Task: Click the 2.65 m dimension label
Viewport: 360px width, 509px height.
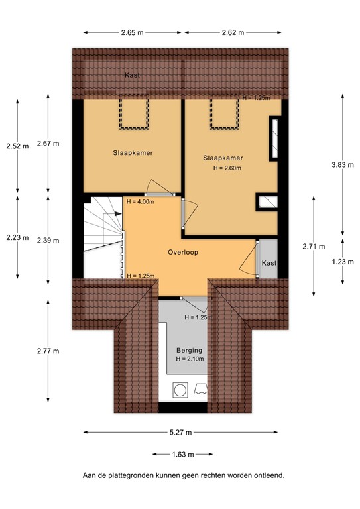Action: tap(133, 32)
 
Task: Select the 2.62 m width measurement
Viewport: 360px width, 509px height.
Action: tap(232, 32)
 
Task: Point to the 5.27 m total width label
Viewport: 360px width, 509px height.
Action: tap(180, 432)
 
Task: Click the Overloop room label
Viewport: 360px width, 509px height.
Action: tap(183, 252)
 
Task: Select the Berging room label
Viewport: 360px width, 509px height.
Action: tap(189, 350)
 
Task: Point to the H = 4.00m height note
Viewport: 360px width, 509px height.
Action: tap(140, 201)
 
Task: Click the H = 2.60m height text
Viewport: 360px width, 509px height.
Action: tap(227, 168)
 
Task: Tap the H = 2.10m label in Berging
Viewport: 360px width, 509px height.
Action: tap(190, 359)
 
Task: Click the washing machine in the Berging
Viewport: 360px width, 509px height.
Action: tap(180, 390)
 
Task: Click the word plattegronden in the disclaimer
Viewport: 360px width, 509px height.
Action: tap(141, 475)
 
